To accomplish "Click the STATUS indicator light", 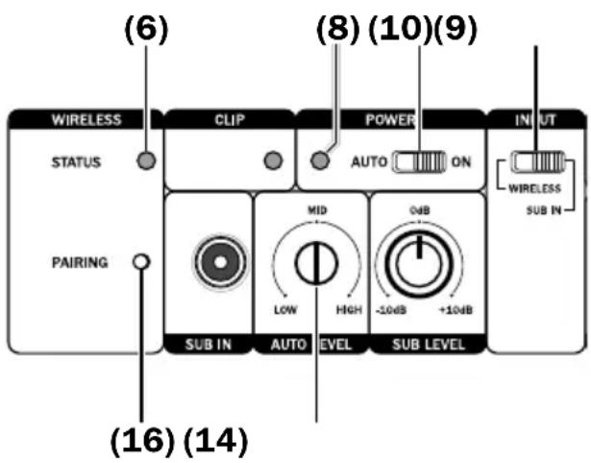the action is (x=146, y=160).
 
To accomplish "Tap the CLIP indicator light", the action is (x=273, y=160).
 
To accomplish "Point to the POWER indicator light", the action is (x=320, y=160).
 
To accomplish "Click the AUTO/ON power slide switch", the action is (x=419, y=162).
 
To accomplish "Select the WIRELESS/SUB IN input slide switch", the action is (x=538, y=161).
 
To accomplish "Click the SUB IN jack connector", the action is (x=220, y=262).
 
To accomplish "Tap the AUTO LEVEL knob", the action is (x=316, y=263).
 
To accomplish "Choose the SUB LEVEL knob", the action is (x=419, y=263).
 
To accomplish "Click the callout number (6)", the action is (x=146, y=29).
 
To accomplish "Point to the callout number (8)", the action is (x=337, y=29).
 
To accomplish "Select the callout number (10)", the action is (x=400, y=29).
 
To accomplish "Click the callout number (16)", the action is (x=142, y=441).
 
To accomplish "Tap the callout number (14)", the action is (x=215, y=441).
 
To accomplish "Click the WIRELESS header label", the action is (x=86, y=120).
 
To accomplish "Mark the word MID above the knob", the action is (x=317, y=210).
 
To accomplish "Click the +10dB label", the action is (x=456, y=310).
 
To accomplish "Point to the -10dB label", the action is (x=391, y=310).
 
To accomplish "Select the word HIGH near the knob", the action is (x=349, y=309).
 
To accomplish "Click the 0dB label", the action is (x=420, y=210).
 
